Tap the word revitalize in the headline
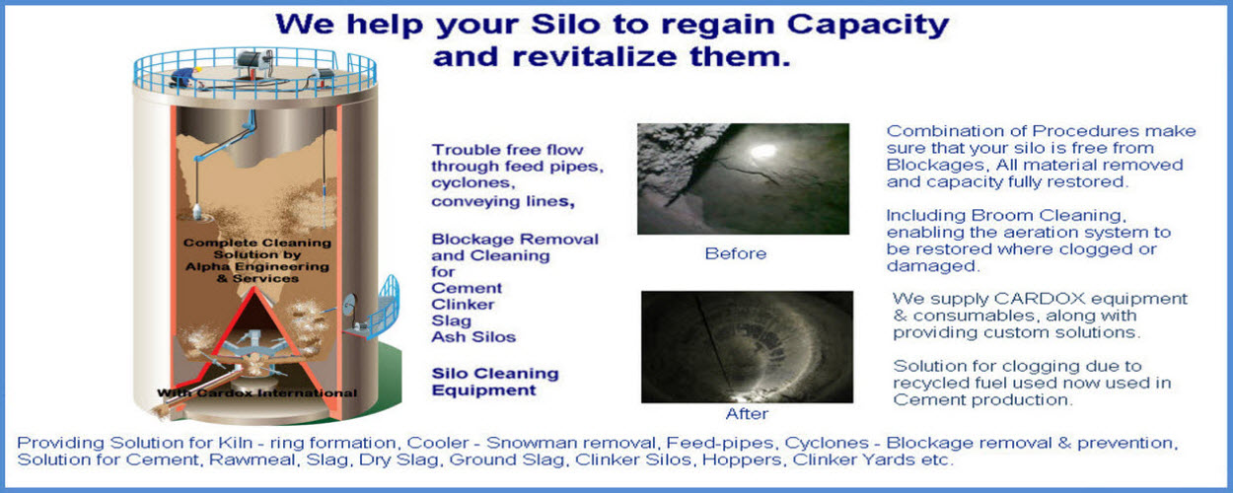[595, 56]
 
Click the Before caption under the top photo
[736, 253]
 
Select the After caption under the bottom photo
[747, 414]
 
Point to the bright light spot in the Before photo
[763, 151]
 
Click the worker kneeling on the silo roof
[184, 77]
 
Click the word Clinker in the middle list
[463, 305]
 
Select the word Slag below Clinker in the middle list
[451, 320]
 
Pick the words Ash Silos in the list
[473, 337]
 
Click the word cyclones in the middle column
[472, 183]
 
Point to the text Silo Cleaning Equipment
[495, 382]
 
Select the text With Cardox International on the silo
[257, 392]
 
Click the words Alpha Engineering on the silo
[257, 266]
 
